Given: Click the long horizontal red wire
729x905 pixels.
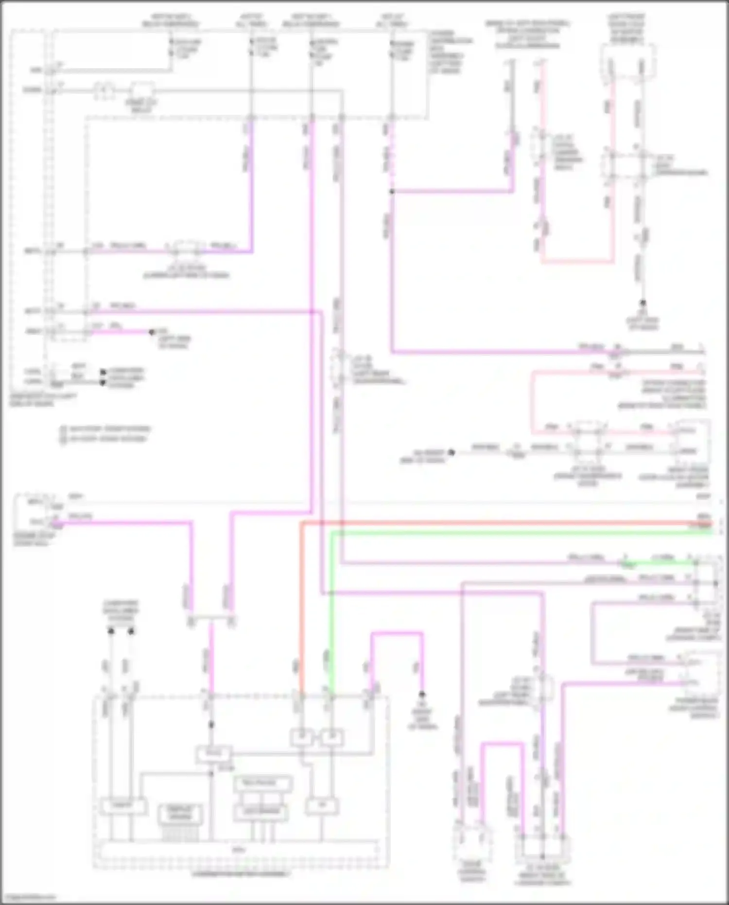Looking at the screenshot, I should (x=486, y=523).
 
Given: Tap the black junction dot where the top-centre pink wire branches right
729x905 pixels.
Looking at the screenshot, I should (x=392, y=192).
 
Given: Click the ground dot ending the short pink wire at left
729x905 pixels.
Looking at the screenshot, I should (x=152, y=332).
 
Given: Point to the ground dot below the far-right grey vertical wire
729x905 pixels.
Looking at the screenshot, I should (x=642, y=302).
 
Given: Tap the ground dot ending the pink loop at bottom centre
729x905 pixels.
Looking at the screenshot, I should (x=422, y=694).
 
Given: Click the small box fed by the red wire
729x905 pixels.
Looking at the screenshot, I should (x=302, y=738).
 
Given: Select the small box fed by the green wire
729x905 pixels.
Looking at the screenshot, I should (x=332, y=738).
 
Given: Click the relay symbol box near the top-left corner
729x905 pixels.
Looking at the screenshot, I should (x=141, y=90).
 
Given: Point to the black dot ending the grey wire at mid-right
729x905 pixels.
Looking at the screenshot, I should (x=451, y=452).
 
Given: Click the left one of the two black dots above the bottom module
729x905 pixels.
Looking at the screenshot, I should (x=111, y=631).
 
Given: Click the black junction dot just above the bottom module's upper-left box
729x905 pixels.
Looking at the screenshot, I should (x=211, y=725).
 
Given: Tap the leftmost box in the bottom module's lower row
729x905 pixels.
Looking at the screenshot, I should (x=122, y=806).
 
